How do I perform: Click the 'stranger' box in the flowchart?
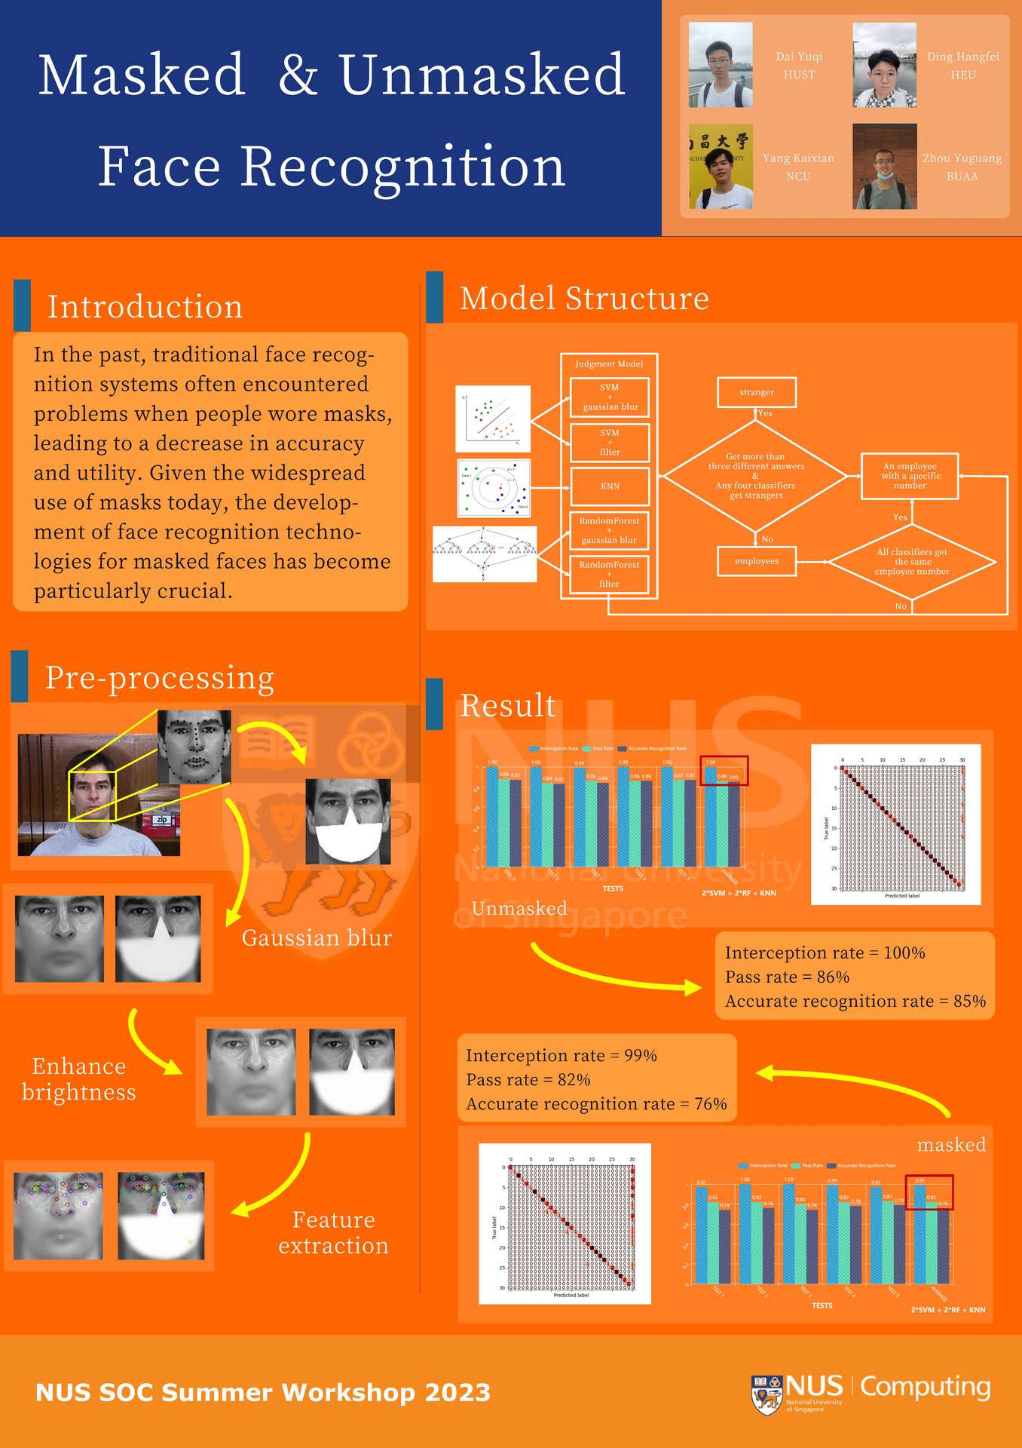click(757, 392)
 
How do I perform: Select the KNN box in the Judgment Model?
click(610, 486)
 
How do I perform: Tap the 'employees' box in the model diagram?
click(757, 561)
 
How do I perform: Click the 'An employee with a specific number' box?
click(910, 476)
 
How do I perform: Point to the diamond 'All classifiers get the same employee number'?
click(912, 562)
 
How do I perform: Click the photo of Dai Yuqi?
click(721, 65)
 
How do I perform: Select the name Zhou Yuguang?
click(962, 158)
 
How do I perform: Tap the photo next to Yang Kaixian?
click(721, 167)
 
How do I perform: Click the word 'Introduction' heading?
click(145, 307)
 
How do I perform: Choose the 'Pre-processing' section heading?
click(159, 678)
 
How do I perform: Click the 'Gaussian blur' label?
click(317, 937)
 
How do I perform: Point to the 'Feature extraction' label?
click(333, 1232)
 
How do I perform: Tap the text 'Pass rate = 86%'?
click(787, 977)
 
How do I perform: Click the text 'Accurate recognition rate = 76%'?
click(596, 1104)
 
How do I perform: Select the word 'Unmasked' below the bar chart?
click(519, 908)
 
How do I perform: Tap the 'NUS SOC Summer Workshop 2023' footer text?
click(263, 1392)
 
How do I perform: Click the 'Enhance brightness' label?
click(79, 1079)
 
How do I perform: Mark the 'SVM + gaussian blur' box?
click(610, 397)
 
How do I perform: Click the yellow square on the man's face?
click(92, 796)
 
